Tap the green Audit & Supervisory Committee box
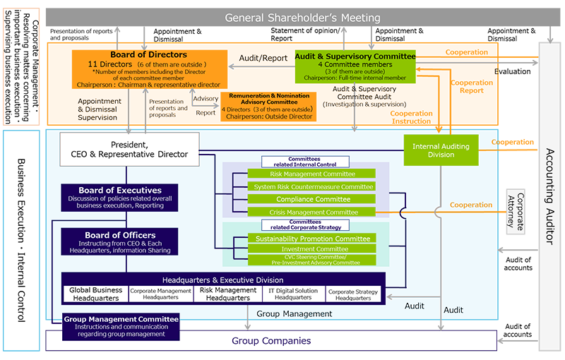point(355,67)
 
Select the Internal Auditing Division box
point(441,149)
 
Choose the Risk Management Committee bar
point(311,174)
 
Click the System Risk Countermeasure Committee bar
point(311,186)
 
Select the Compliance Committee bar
point(311,199)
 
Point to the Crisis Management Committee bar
point(311,212)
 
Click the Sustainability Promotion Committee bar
point(311,239)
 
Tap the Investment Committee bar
point(311,249)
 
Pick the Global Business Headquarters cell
point(95,294)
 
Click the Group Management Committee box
point(121,326)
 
